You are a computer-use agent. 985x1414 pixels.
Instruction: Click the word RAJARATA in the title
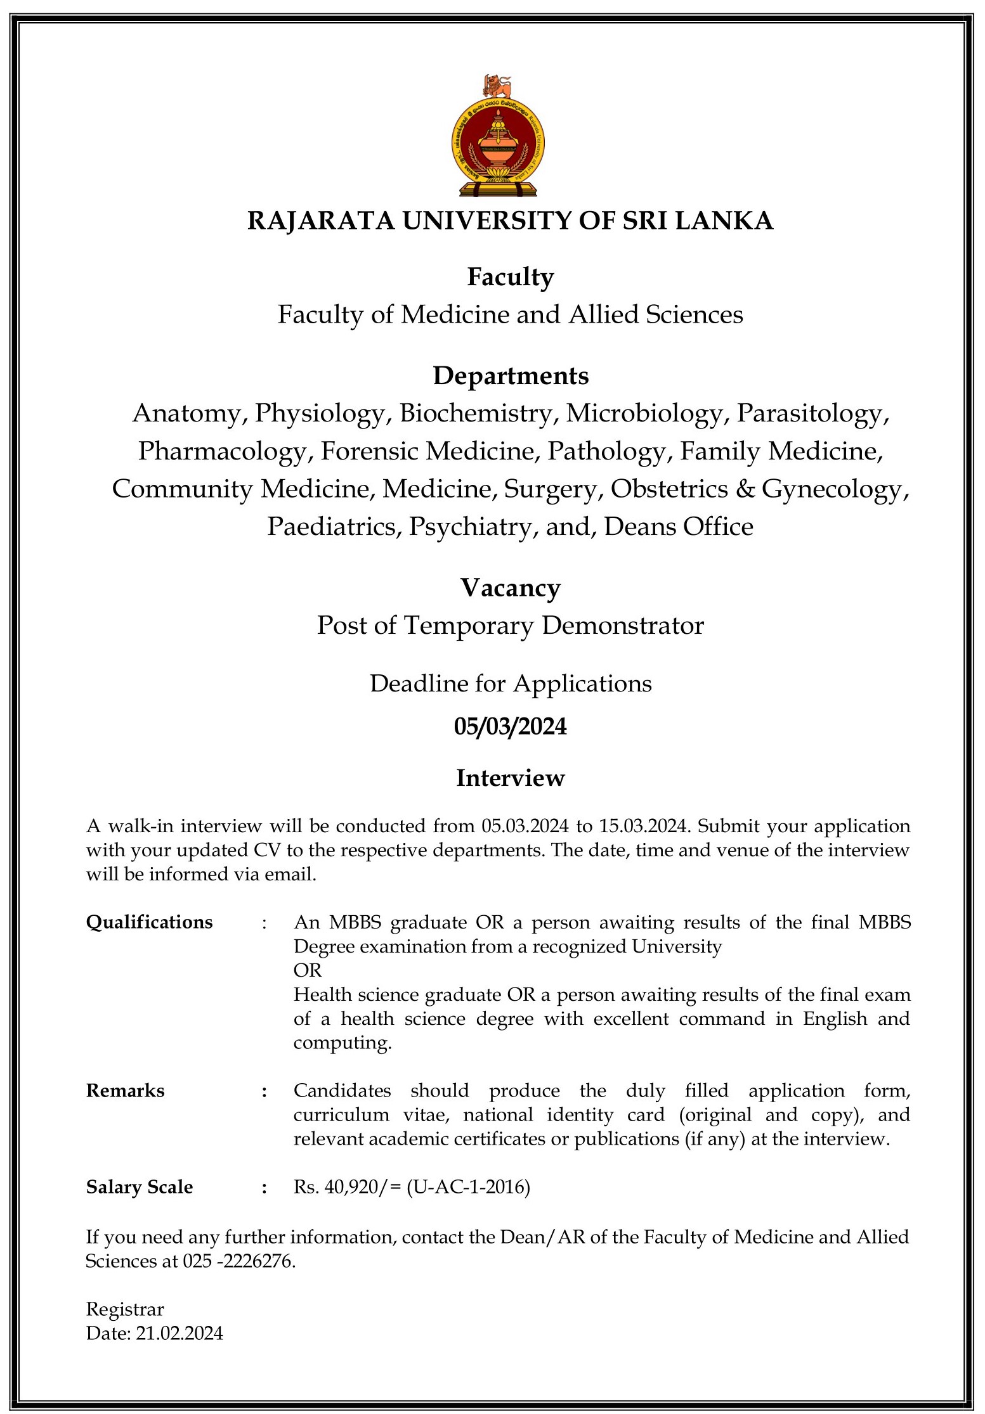(320, 221)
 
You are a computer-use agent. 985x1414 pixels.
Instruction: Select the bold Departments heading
(511, 376)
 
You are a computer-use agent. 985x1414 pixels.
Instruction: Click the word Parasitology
(812, 413)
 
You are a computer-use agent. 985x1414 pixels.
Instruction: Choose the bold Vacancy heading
(511, 588)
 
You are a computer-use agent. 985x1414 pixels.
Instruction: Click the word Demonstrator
(623, 626)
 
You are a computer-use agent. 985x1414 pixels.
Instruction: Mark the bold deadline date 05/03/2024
(511, 726)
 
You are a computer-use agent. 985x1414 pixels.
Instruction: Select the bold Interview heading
(511, 778)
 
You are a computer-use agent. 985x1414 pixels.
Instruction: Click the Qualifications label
(150, 922)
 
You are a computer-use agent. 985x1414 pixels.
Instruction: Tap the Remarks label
(126, 1091)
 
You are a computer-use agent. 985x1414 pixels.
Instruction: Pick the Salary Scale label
(140, 1187)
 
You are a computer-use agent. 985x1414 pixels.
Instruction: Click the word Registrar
(125, 1309)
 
